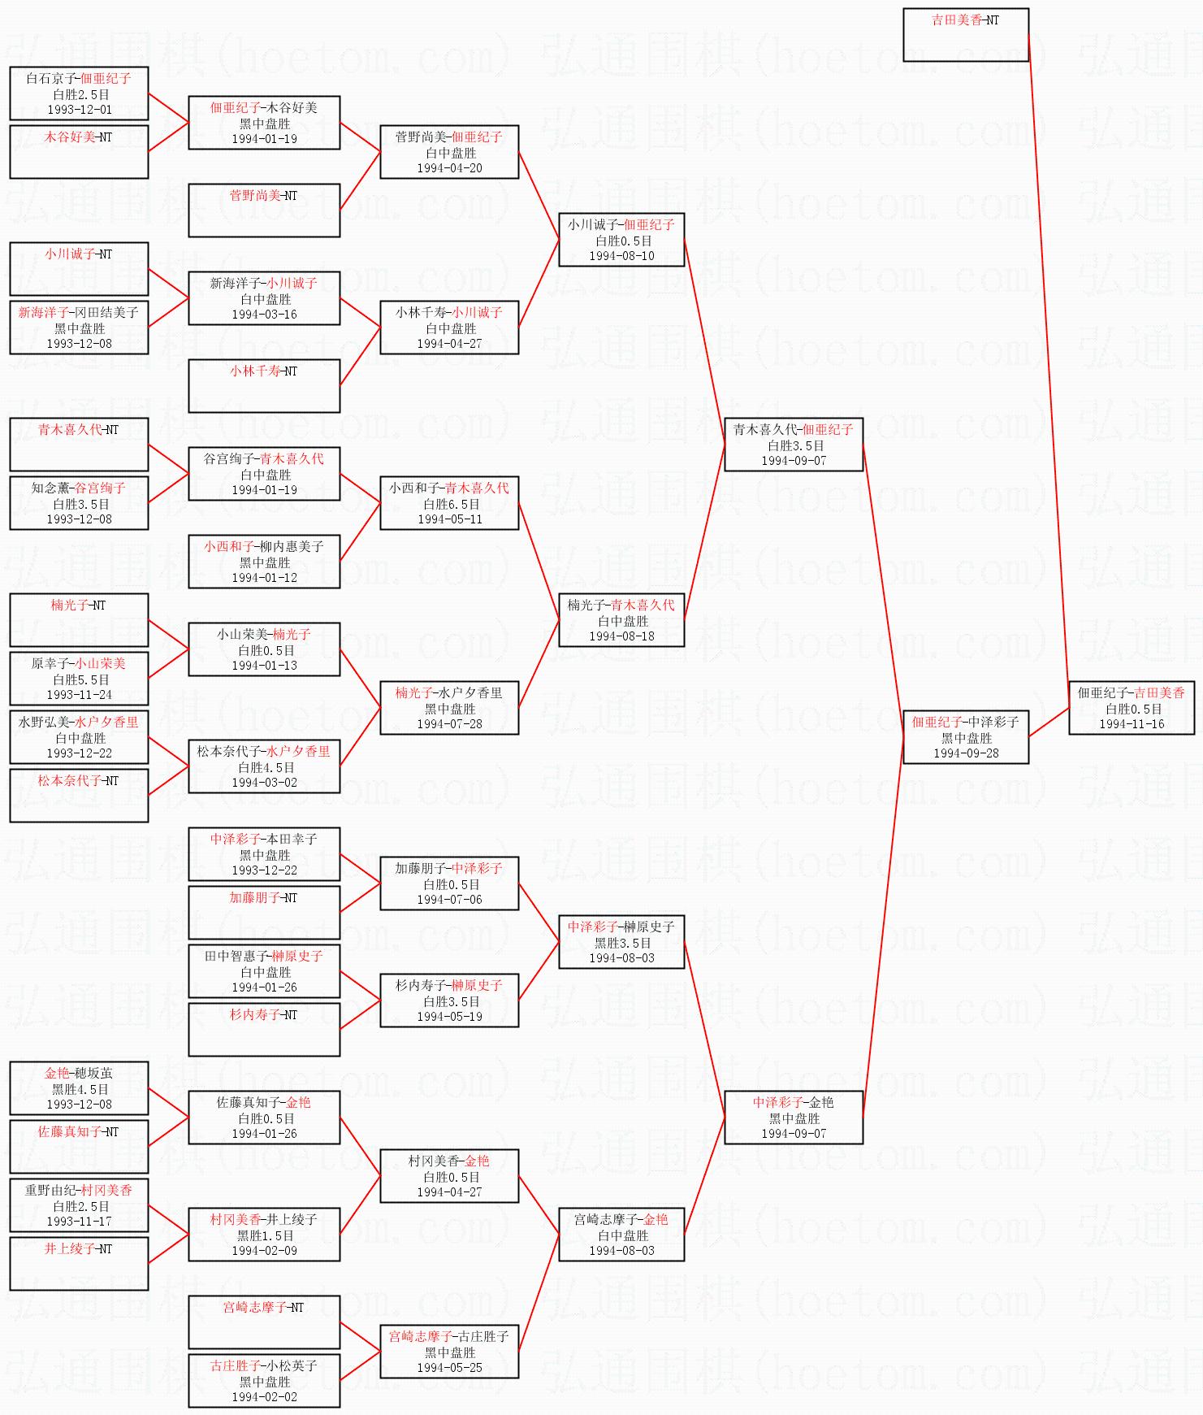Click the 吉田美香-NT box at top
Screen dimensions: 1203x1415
point(966,34)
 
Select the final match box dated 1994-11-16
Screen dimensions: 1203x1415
point(1132,708)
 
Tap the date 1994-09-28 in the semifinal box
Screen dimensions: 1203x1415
point(966,753)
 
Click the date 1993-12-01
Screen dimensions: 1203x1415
point(79,110)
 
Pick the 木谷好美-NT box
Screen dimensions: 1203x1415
point(79,151)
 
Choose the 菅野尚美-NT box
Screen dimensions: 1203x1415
point(264,210)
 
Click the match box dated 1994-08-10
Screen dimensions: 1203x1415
point(621,240)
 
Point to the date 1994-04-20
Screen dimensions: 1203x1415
point(449,168)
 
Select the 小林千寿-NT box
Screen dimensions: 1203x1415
point(264,385)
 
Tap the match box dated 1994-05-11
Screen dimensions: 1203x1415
point(449,503)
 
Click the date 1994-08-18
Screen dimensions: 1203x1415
point(621,636)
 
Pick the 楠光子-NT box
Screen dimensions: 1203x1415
point(79,619)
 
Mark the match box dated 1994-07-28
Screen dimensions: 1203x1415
point(449,708)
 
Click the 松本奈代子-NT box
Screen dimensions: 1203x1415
point(79,795)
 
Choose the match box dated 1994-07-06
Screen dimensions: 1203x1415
point(449,883)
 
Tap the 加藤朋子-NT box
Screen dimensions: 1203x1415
point(264,912)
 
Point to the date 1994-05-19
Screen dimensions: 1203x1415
point(449,1017)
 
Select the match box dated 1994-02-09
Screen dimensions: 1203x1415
point(264,1235)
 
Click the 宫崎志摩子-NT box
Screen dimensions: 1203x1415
point(264,1322)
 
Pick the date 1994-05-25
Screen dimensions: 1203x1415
point(449,1368)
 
